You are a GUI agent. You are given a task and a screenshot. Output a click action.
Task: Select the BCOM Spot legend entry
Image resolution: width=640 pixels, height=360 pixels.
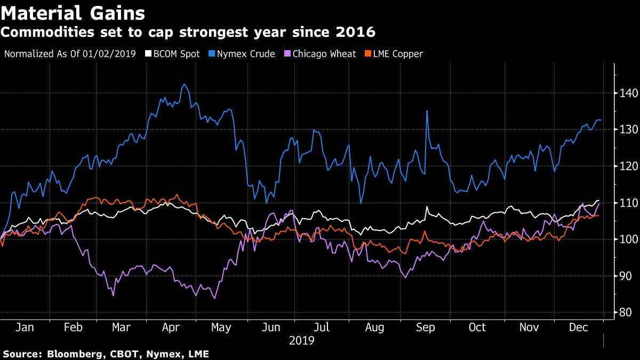coord(176,53)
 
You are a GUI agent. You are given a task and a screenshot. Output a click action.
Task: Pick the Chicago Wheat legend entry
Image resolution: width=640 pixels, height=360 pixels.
coord(324,53)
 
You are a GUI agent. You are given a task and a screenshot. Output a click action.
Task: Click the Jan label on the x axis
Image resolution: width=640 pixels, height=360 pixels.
coord(25,327)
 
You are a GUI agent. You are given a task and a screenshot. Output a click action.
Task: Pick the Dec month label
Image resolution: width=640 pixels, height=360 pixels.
coord(578,327)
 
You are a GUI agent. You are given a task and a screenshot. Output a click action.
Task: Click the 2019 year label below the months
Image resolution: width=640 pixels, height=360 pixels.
coord(301,340)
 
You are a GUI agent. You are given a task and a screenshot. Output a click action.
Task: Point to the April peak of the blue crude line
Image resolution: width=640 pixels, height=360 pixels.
coord(184,84)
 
